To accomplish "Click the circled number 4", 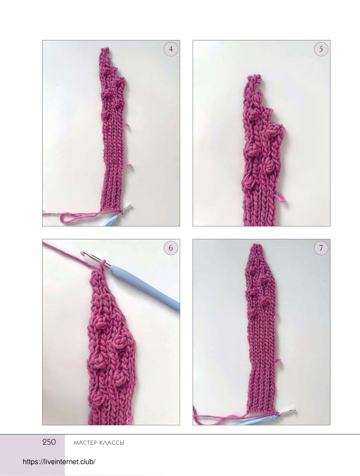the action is click(x=171, y=49).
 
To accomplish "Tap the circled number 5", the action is click(x=321, y=49).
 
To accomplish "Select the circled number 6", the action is click(x=171, y=248).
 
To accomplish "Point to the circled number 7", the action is click(x=321, y=248).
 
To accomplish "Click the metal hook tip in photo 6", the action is click(x=82, y=252).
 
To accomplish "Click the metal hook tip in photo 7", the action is click(x=294, y=410).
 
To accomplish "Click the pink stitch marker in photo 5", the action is click(x=281, y=198).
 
